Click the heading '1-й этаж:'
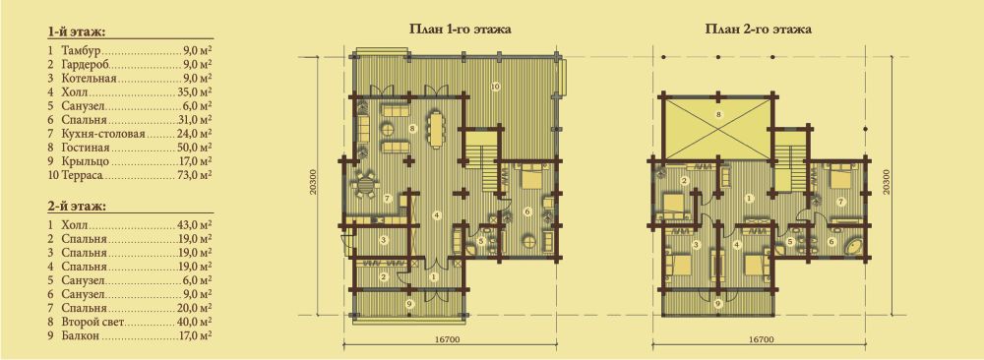[76, 32]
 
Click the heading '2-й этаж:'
[76, 207]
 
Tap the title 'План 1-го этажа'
[460, 29]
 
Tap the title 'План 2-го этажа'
[759, 29]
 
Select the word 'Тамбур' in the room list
[82, 49]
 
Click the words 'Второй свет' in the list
[94, 323]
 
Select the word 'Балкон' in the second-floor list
[82, 336]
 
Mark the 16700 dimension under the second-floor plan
[760, 340]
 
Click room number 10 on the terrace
[495, 85]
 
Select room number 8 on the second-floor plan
[718, 114]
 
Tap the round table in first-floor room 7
[365, 186]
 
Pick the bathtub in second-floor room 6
[854, 245]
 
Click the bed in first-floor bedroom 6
[532, 176]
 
